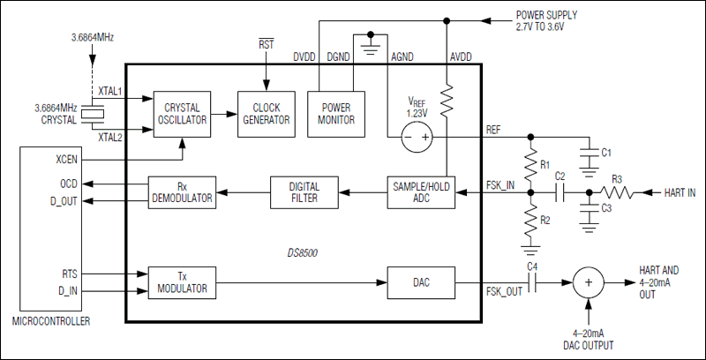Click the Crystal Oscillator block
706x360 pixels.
point(182,115)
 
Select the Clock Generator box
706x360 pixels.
point(267,115)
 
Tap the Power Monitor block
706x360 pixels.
point(336,115)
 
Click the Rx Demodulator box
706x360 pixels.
point(182,192)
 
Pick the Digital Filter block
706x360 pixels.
point(304,192)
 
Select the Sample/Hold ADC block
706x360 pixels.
point(421,192)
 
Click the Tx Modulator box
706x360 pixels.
point(182,282)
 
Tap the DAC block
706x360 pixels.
point(421,282)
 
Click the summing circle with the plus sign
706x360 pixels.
point(588,282)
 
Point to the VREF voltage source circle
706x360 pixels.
point(417,137)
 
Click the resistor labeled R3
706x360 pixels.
point(617,192)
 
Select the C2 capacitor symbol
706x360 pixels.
point(560,192)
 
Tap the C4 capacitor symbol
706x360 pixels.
point(532,282)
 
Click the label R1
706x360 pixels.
point(545,165)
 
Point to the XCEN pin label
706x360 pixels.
point(67,160)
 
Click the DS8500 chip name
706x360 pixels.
point(302,253)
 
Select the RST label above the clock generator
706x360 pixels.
point(266,44)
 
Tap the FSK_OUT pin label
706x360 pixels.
point(504,291)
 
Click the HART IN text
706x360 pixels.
point(680,193)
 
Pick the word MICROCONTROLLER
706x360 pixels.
point(51,321)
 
